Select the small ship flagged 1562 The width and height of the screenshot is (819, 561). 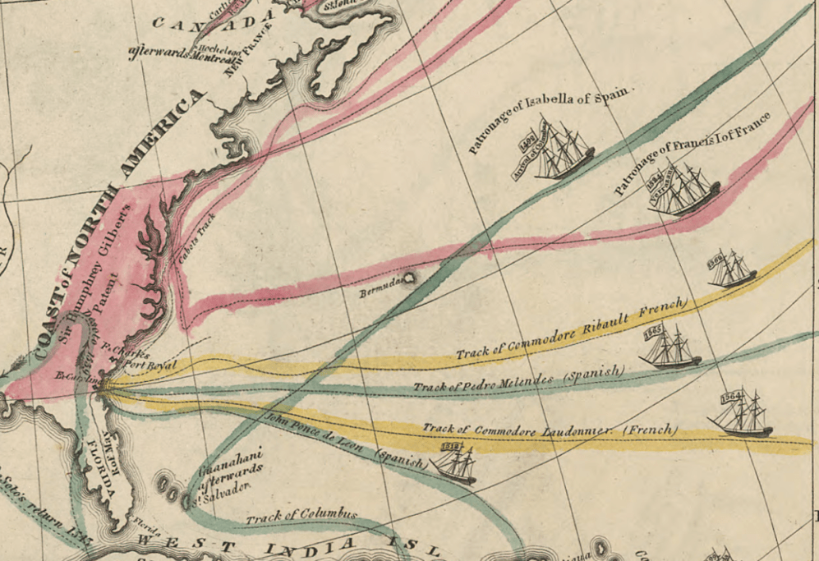pos(731,269)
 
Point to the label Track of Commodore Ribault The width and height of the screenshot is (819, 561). pos(570,330)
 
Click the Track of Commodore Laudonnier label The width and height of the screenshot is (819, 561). pos(550,429)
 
